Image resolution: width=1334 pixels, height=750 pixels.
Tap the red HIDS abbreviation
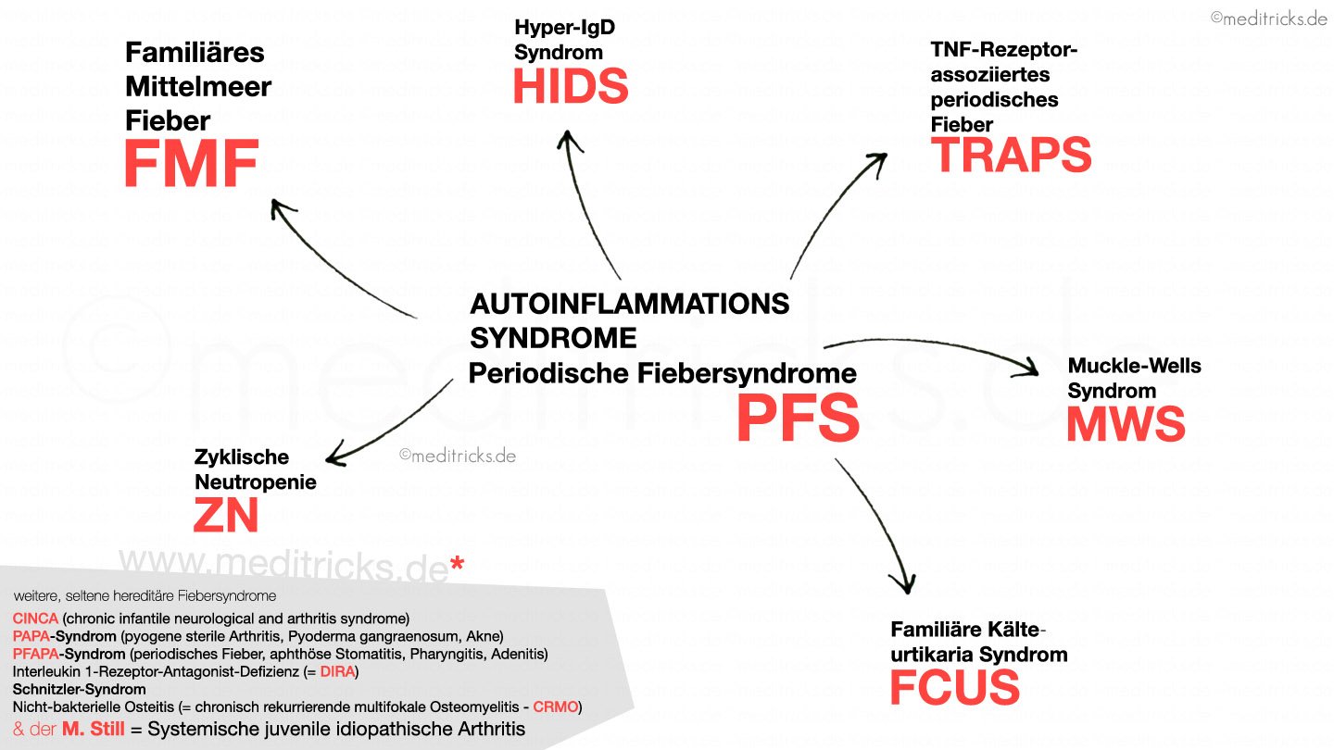(x=571, y=86)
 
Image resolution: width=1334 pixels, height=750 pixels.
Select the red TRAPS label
(x=1012, y=155)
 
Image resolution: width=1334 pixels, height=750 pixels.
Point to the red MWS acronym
(x=1126, y=424)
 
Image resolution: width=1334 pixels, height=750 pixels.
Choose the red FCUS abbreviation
(x=954, y=687)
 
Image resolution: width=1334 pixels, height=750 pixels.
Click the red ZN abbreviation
(x=225, y=515)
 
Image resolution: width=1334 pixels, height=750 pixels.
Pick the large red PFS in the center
(x=798, y=417)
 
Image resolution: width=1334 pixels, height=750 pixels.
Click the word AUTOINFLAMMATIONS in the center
(x=630, y=304)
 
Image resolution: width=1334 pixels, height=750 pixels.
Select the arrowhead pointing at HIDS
(x=566, y=139)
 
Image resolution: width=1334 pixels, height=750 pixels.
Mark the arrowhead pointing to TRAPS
(x=875, y=158)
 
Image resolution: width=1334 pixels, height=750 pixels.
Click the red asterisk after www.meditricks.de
(x=456, y=565)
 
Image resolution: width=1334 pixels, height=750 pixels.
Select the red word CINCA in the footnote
(x=35, y=619)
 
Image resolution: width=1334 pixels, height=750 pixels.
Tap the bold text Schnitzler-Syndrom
(x=79, y=690)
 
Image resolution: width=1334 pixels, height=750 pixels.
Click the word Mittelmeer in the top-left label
(x=197, y=87)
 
